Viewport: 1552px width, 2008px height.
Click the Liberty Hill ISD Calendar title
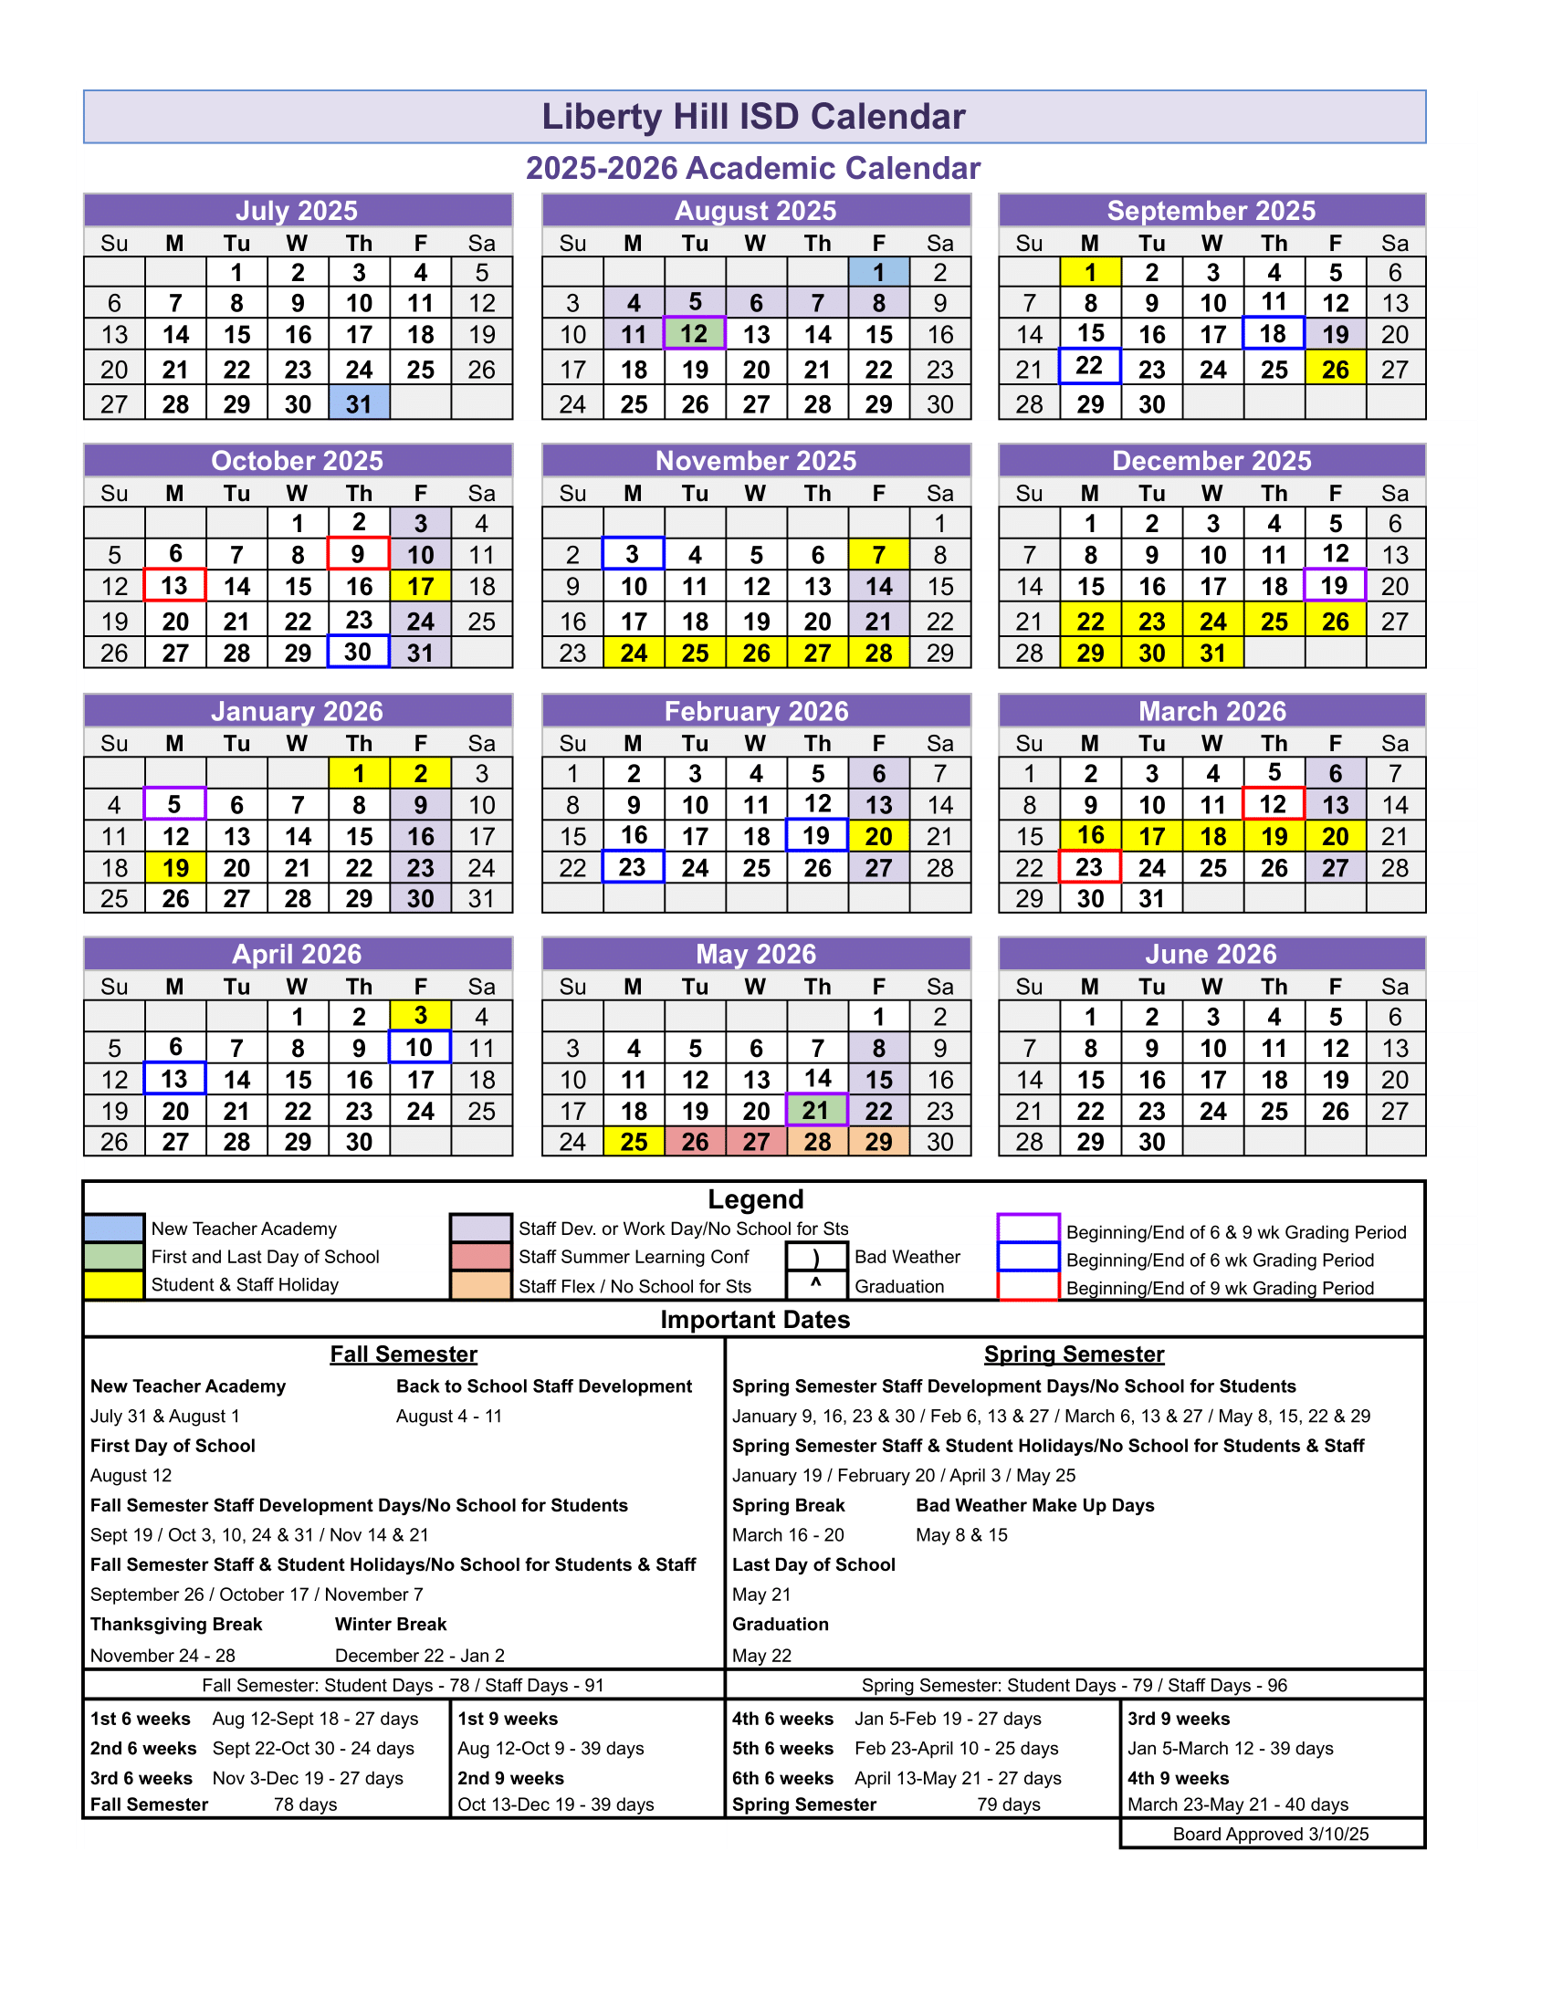[753, 117]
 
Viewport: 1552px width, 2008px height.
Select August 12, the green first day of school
[694, 334]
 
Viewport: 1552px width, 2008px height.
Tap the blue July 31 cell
[359, 403]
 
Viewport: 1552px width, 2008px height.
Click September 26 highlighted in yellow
[1335, 370]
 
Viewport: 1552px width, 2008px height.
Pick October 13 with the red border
[174, 586]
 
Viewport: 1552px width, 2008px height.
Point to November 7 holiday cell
[878, 554]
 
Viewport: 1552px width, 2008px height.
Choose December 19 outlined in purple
[1334, 586]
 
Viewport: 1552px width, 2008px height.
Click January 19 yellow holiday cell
[174, 868]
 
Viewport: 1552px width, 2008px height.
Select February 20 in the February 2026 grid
[878, 837]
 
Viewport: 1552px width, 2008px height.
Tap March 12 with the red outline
[1273, 804]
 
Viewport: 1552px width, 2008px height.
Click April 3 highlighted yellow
[420, 1016]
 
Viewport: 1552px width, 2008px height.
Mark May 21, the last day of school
[816, 1111]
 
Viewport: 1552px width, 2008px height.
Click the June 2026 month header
[1211, 955]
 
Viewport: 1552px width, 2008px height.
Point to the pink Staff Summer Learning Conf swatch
[480, 1257]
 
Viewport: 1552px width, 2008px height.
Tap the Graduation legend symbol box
[815, 1285]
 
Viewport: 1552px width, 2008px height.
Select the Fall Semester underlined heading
[404, 1354]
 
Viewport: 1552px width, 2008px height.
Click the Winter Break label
[391, 1625]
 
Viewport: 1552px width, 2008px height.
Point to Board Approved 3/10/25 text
[1271, 1835]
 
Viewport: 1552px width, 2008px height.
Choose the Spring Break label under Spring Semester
[788, 1505]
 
